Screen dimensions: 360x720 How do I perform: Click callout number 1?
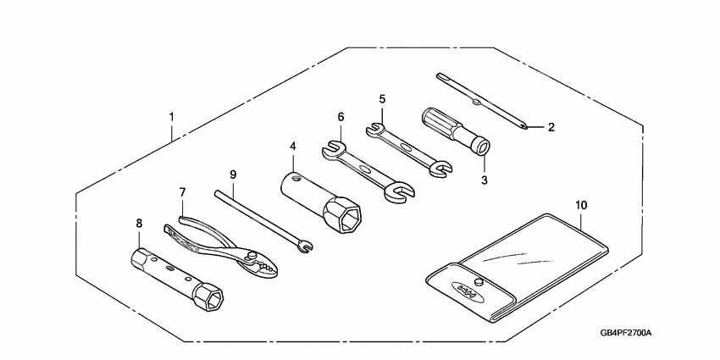[172, 115]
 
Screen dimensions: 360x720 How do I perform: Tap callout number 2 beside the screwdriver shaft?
[551, 128]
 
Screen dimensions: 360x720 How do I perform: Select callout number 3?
[485, 180]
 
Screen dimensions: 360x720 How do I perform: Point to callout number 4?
[293, 146]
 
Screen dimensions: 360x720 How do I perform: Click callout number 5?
[382, 99]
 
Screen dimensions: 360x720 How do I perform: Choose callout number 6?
[341, 117]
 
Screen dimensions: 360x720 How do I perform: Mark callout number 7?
[181, 193]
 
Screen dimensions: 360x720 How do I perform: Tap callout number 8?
[139, 224]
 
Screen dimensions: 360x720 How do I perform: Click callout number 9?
[233, 174]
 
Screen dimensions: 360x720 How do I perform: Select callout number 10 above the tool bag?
[580, 205]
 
